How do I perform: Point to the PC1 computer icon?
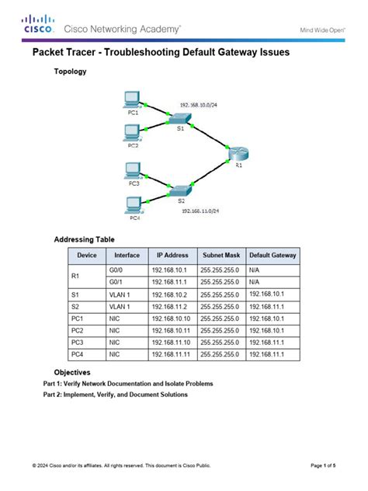click(x=132, y=100)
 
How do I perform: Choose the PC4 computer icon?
click(x=134, y=206)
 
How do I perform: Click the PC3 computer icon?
click(x=133, y=170)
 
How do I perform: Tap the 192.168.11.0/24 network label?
click(x=202, y=211)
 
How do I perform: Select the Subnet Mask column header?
click(x=221, y=255)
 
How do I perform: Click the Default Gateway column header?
click(x=273, y=255)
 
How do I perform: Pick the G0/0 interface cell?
click(x=117, y=269)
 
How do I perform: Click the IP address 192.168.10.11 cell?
click(x=171, y=330)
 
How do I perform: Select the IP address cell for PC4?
click(x=171, y=354)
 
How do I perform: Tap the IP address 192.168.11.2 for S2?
click(x=171, y=306)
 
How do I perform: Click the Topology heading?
click(x=70, y=71)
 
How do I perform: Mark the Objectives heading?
click(x=71, y=372)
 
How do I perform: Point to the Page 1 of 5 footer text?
click(x=323, y=465)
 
